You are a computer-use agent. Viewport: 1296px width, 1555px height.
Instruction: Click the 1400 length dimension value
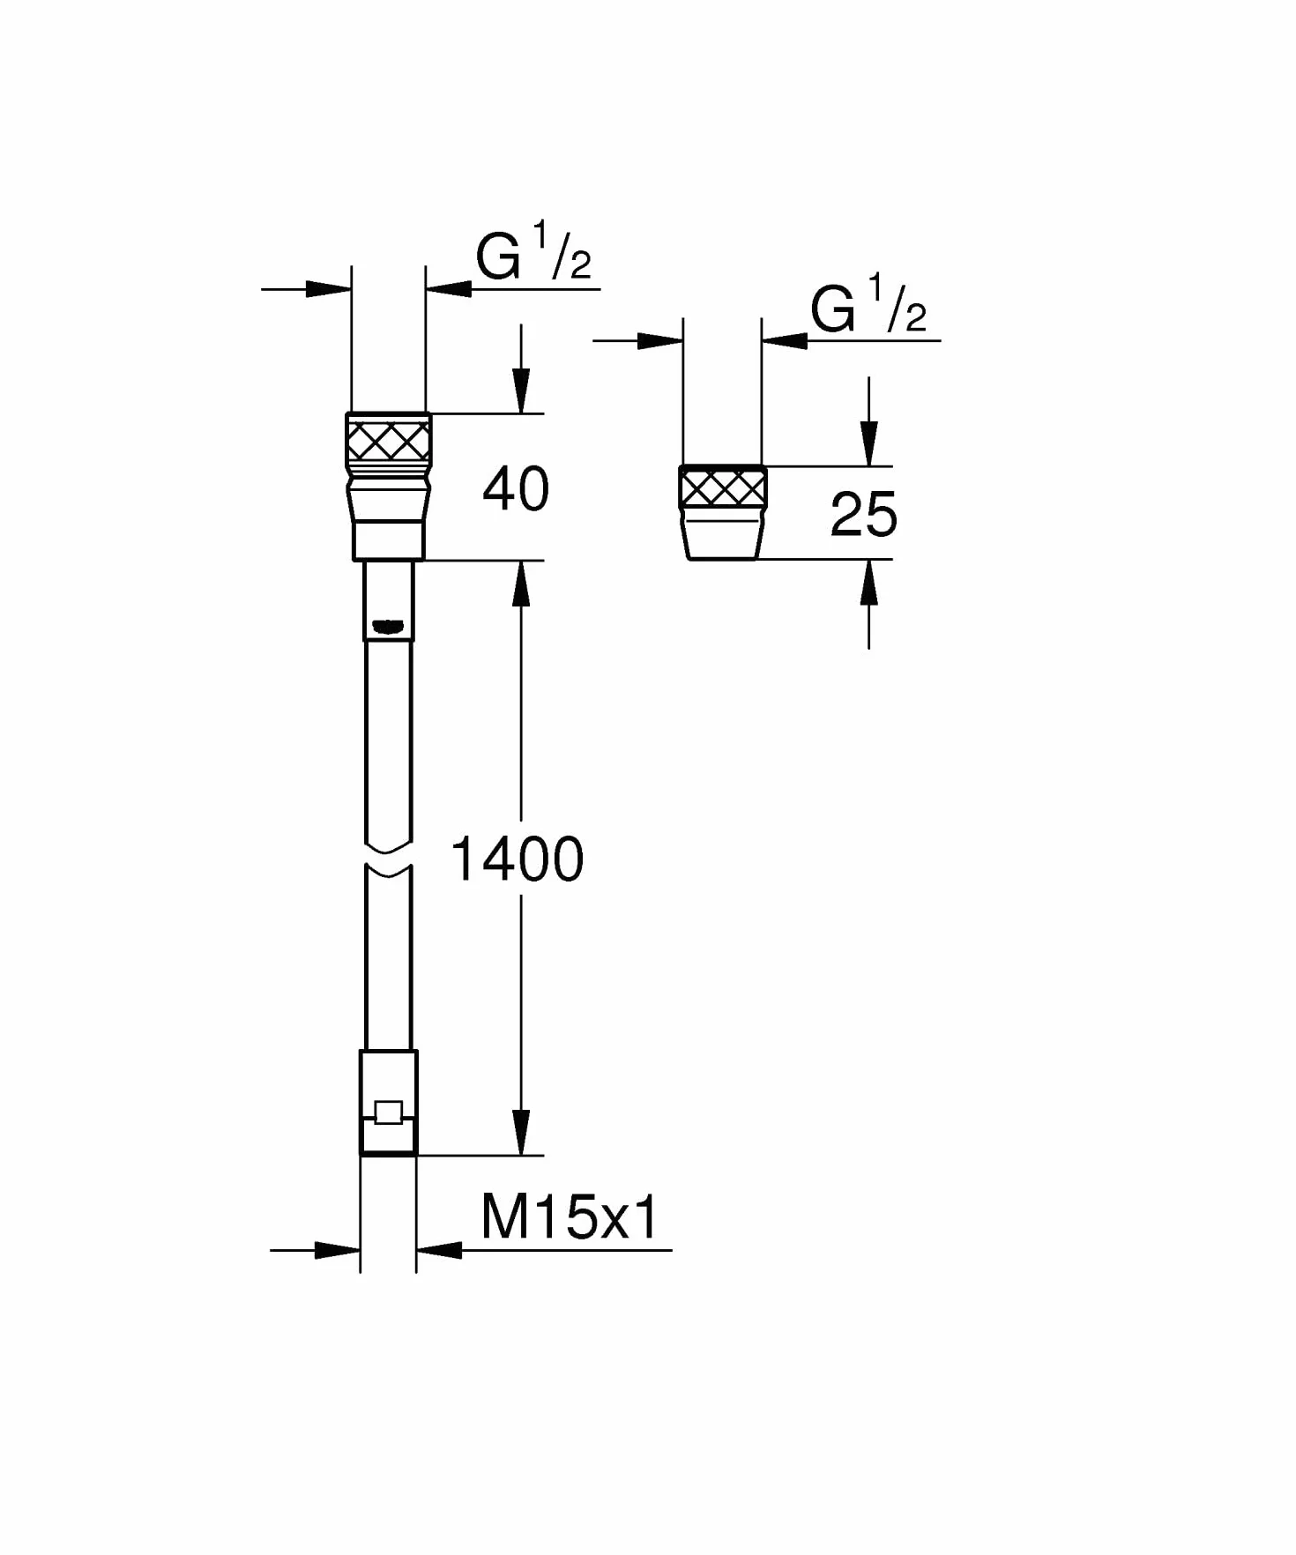click(517, 859)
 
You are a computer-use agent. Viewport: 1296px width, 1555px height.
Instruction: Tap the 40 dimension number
click(516, 489)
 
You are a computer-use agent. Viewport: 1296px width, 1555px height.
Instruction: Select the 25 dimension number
click(864, 515)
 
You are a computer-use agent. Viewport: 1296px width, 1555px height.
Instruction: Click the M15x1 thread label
click(570, 1217)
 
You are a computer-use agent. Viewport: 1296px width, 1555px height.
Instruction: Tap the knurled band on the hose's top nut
click(389, 440)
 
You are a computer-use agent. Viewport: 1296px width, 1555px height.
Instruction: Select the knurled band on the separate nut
click(723, 488)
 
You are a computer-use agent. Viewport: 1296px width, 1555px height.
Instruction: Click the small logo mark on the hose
click(388, 627)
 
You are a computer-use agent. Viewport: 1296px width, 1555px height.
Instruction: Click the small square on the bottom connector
click(389, 1112)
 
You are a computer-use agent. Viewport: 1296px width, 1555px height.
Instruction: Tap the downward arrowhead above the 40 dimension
click(521, 391)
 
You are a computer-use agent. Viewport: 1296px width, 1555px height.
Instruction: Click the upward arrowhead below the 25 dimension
click(869, 582)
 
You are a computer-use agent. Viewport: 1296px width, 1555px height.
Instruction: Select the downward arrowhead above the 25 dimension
click(869, 443)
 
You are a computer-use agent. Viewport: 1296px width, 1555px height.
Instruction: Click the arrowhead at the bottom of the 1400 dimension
click(521, 1133)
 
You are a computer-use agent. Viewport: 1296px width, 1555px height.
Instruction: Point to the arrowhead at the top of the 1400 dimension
click(521, 583)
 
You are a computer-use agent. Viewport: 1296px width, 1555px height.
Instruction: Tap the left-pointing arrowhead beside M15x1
click(439, 1249)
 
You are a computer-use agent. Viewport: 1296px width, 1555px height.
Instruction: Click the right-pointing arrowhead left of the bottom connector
click(338, 1249)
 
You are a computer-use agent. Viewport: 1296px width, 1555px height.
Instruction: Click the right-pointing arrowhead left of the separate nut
click(660, 340)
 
